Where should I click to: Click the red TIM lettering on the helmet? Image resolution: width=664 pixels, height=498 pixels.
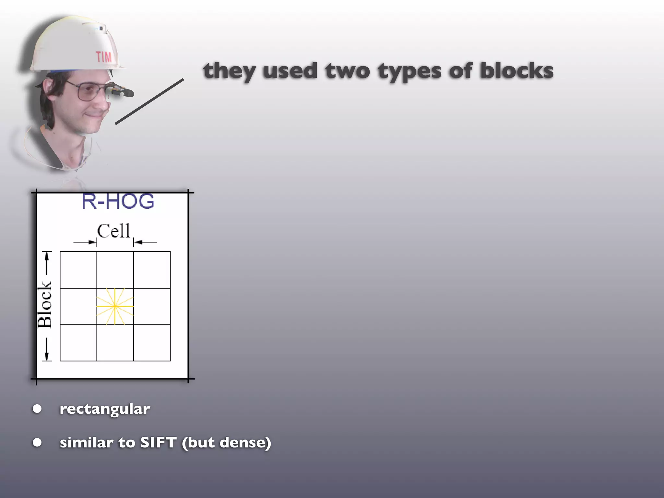104,57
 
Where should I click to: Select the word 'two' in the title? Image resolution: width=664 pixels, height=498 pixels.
347,71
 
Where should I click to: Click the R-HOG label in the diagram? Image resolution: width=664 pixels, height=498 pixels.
118,201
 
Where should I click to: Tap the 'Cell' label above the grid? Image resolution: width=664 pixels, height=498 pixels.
113,231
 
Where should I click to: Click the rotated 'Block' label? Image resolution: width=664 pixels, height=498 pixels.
45,305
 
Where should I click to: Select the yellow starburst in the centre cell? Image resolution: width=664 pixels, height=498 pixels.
115,306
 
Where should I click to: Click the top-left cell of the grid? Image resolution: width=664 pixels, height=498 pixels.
78,270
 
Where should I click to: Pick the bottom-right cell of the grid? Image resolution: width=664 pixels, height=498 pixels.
152,342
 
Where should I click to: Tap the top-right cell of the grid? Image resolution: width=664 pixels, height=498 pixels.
152,270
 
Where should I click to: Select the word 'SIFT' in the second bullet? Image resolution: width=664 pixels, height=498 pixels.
158,443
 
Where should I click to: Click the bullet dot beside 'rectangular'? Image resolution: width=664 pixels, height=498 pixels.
37,409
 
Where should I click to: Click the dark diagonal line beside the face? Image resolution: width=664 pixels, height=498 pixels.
149,101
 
